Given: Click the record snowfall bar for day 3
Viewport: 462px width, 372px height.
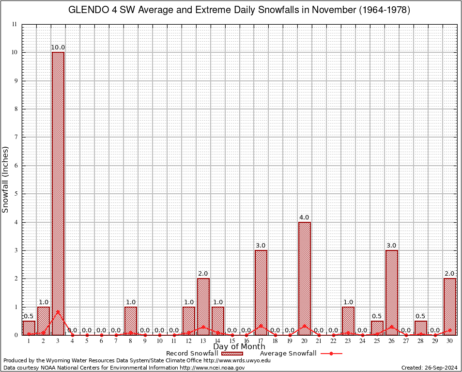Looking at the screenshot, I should [x=58, y=194].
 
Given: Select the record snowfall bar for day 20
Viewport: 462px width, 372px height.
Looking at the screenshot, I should [x=305, y=279].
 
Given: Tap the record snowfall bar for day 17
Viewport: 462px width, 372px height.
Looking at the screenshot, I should [x=261, y=293].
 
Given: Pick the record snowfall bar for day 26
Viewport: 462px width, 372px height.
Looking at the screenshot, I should [x=392, y=293].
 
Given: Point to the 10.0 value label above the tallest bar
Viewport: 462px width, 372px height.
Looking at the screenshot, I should [x=58, y=47].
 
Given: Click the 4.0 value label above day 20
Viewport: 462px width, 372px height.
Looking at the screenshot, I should [x=305, y=217].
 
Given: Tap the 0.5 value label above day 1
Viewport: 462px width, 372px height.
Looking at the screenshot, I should [x=29, y=316].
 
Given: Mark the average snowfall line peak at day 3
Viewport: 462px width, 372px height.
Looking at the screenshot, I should [x=58, y=311].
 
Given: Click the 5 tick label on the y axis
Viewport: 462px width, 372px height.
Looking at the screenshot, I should [x=15, y=194].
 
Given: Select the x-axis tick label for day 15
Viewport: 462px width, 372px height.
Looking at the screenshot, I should [x=232, y=341].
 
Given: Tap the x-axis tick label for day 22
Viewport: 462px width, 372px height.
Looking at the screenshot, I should [x=334, y=341].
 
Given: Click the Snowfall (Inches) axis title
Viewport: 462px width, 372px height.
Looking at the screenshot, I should [x=6, y=179].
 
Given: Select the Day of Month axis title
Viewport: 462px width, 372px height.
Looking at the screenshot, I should [x=239, y=347].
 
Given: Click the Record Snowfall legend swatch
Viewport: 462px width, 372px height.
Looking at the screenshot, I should [x=232, y=354].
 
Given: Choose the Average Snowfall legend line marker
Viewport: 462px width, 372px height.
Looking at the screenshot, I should [x=331, y=354].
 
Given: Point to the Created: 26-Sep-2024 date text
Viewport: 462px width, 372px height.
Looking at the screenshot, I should [x=430, y=368].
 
